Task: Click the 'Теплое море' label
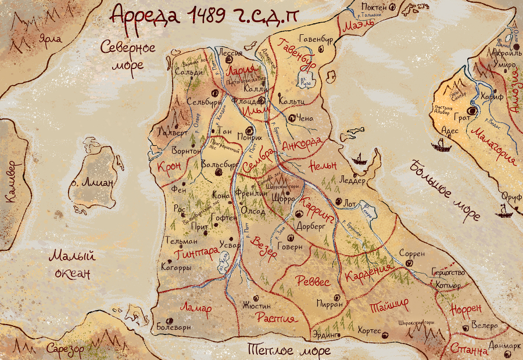(x=289, y=350)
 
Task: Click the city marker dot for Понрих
(x=250, y=131)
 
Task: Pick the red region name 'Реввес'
(x=313, y=281)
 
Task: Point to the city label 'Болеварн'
(x=174, y=327)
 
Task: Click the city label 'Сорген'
(x=412, y=254)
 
